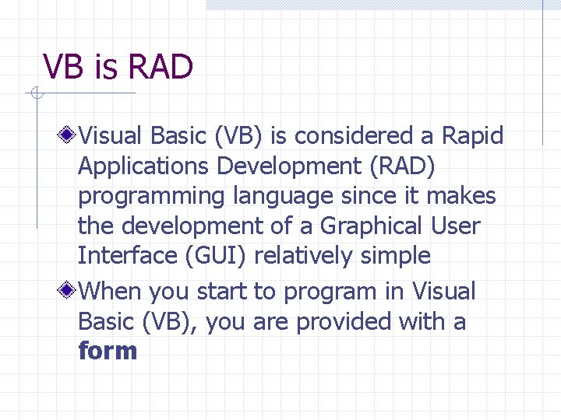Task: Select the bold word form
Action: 108,351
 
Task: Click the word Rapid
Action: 473,136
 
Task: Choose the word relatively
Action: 309,255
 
